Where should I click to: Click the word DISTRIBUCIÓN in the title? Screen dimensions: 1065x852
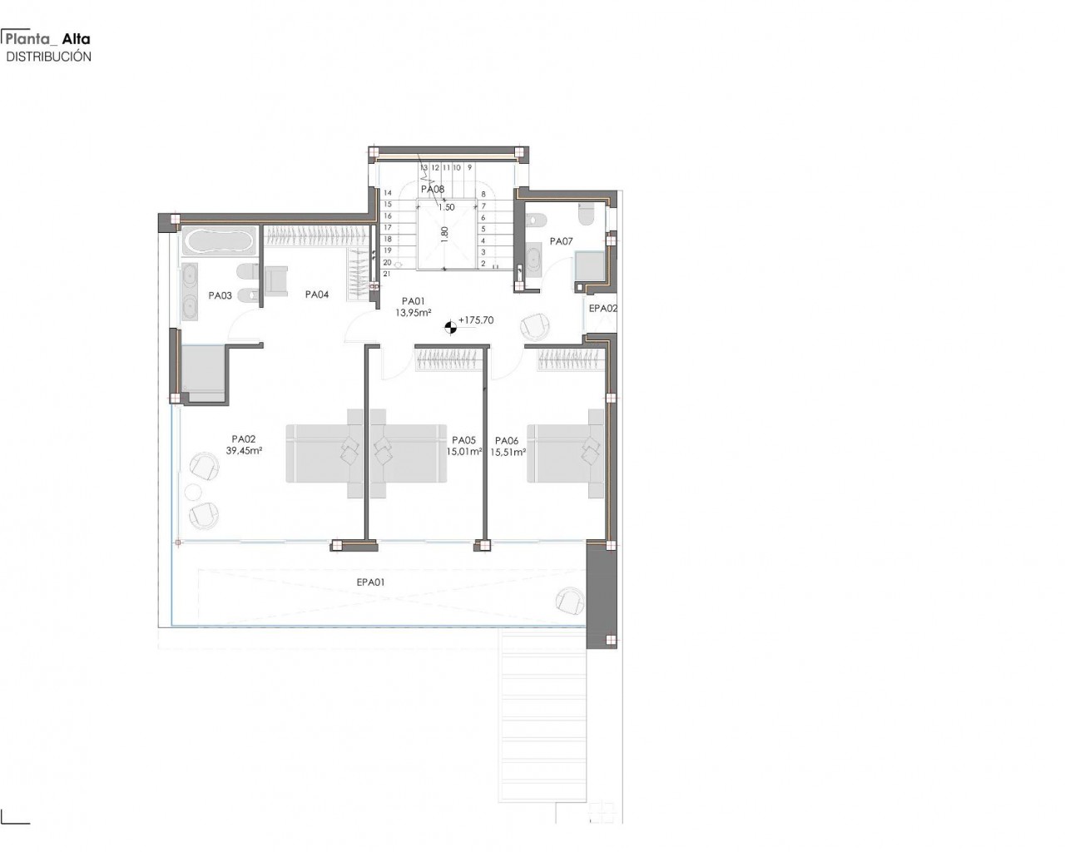click(x=48, y=57)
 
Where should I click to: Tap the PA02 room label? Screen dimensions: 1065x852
click(x=244, y=439)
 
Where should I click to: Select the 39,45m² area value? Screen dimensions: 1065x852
click(x=244, y=450)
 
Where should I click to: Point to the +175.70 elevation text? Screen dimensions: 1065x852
click(x=476, y=320)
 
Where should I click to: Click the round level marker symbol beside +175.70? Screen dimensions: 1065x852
click(x=450, y=327)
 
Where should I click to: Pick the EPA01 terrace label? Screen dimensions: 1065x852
click(x=371, y=582)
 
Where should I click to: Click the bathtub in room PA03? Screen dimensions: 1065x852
click(x=219, y=241)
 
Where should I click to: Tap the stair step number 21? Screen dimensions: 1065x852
click(x=387, y=273)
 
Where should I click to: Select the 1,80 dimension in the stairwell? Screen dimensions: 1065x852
click(x=444, y=233)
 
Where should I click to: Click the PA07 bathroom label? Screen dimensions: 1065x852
click(x=561, y=241)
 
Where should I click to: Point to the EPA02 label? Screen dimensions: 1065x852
click(x=603, y=309)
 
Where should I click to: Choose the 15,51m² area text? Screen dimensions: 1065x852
click(x=508, y=452)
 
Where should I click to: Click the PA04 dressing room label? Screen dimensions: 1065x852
click(x=317, y=295)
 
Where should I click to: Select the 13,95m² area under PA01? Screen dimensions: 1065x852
click(x=414, y=312)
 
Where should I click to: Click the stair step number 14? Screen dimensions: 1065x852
click(x=388, y=193)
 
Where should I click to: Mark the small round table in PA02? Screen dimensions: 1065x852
click(x=193, y=492)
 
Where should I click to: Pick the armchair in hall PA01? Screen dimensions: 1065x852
click(x=535, y=326)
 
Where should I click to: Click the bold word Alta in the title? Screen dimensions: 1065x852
click(x=77, y=39)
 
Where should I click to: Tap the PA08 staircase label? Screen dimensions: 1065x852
click(x=433, y=189)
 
